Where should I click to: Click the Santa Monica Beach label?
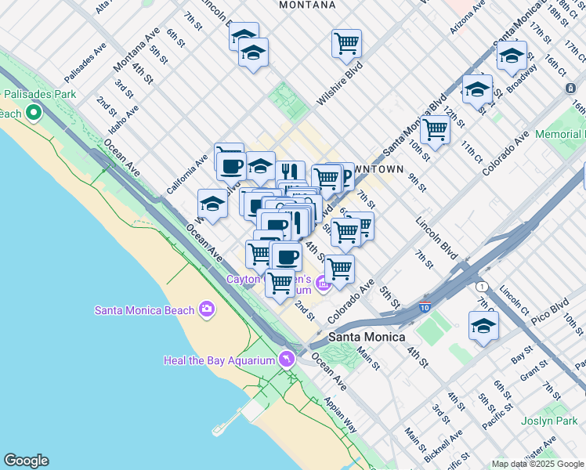point(144,309)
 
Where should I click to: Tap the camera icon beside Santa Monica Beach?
point(207,309)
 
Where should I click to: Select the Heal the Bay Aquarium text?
point(219,360)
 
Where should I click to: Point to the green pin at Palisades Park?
point(33,114)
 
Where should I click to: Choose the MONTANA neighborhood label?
point(307,5)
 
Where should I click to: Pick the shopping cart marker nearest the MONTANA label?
point(346,43)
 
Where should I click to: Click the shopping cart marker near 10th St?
point(435,128)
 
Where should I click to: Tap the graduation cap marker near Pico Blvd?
point(484,325)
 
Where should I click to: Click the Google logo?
point(26,461)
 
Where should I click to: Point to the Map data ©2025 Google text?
point(537,464)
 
